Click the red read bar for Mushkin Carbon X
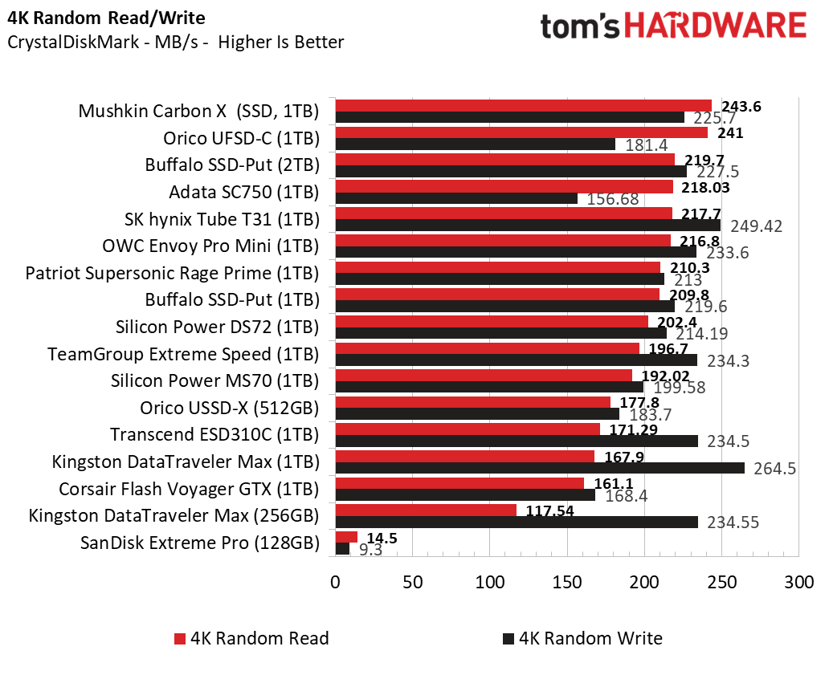click(x=522, y=105)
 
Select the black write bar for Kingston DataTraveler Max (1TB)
click(x=538, y=468)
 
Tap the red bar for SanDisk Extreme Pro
click(x=345, y=536)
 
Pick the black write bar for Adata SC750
click(x=455, y=198)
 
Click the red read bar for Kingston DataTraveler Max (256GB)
click(x=425, y=510)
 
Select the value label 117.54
click(x=549, y=510)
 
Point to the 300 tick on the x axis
click(x=798, y=581)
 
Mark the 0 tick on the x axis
click(x=335, y=581)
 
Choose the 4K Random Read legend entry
click(x=251, y=639)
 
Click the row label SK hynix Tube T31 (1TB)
click(x=222, y=219)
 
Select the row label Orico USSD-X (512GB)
click(x=229, y=408)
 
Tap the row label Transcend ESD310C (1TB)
click(x=214, y=435)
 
